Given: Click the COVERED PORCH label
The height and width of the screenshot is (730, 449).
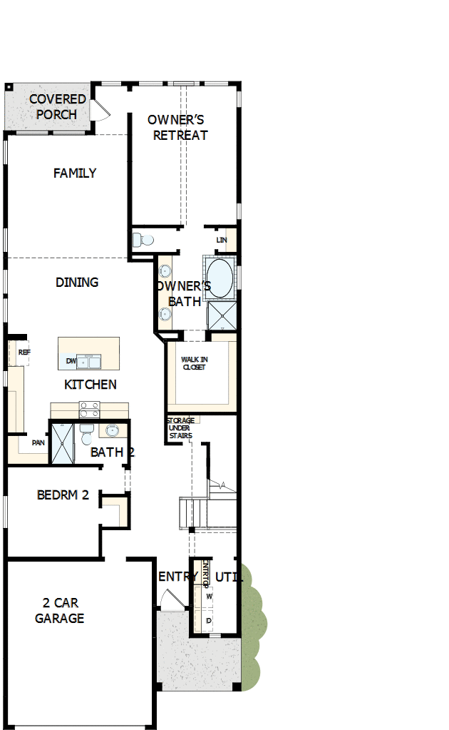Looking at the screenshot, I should pos(57,106).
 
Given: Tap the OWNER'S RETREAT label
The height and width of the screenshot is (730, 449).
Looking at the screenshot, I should pos(178,127).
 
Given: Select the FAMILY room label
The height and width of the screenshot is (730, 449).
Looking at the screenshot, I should pos(75,173).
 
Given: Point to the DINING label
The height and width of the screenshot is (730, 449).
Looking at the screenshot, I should pos(77,282).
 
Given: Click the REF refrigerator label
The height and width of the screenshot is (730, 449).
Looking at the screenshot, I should pos(24,352).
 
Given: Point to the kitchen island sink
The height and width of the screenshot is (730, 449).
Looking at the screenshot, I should pos(89,362).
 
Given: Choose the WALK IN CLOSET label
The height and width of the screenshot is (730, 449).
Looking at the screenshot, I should pos(193,363).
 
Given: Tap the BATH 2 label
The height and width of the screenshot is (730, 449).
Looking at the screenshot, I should pos(113,452).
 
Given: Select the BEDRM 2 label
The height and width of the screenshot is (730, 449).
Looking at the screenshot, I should pos(63,495).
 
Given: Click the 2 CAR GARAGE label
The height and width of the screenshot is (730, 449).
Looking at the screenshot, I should pos(60,610).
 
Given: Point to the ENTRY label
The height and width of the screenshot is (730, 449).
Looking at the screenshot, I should pos(178,577).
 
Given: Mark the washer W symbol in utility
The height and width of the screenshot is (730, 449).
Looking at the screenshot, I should pos(210,595).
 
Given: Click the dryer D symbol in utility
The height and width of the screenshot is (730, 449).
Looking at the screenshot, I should pos(209,621).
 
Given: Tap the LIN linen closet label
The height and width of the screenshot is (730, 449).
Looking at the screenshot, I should pos(222,240).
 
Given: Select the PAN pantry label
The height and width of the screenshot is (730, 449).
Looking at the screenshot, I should pos(38,442).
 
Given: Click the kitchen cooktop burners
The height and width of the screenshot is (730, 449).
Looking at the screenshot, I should pos(89,409).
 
